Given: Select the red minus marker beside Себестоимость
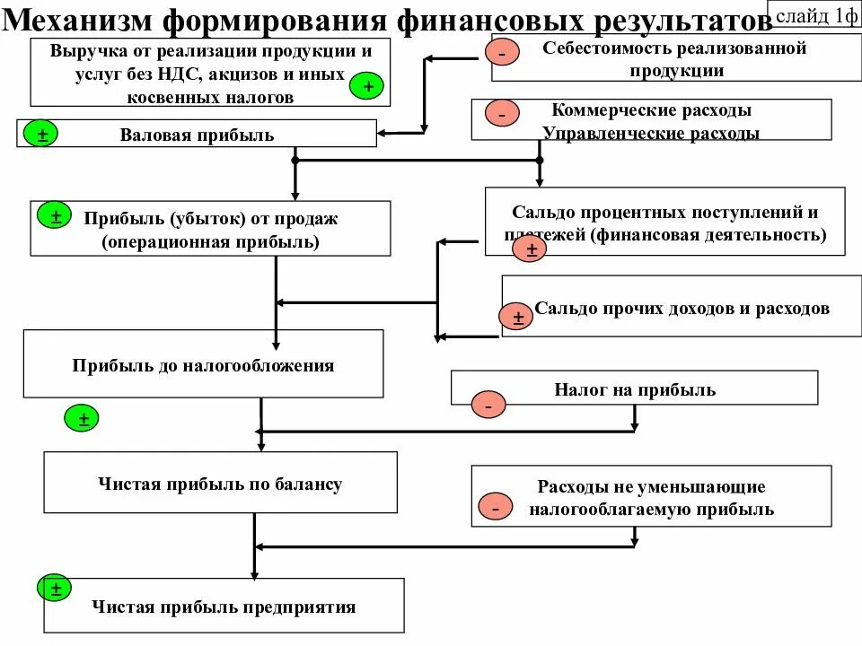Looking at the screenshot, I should click(x=501, y=54).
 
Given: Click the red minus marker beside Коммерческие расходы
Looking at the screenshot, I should click(x=501, y=114).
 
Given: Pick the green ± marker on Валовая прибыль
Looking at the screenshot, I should click(x=42, y=135).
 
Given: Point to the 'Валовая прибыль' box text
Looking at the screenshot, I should click(x=197, y=135).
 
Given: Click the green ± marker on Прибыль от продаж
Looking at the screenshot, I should click(x=55, y=216).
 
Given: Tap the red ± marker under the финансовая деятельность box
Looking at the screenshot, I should click(x=530, y=249).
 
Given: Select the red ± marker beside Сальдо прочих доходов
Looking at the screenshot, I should click(x=517, y=317).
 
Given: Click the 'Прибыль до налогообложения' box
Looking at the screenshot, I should click(x=203, y=365).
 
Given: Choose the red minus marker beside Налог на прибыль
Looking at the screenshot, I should click(x=488, y=406).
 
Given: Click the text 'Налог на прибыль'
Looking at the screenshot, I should click(x=635, y=388).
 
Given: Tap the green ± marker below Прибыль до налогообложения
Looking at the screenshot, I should click(x=83, y=417).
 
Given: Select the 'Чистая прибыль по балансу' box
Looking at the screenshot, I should click(x=220, y=484).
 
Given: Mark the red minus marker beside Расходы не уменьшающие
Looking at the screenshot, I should click(x=495, y=507).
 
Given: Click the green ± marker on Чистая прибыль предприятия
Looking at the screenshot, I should click(x=55, y=589).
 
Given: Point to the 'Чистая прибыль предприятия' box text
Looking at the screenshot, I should click(x=224, y=607).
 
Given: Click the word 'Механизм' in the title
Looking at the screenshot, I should click(x=79, y=20).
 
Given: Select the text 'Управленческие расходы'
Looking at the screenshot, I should click(x=651, y=134).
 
